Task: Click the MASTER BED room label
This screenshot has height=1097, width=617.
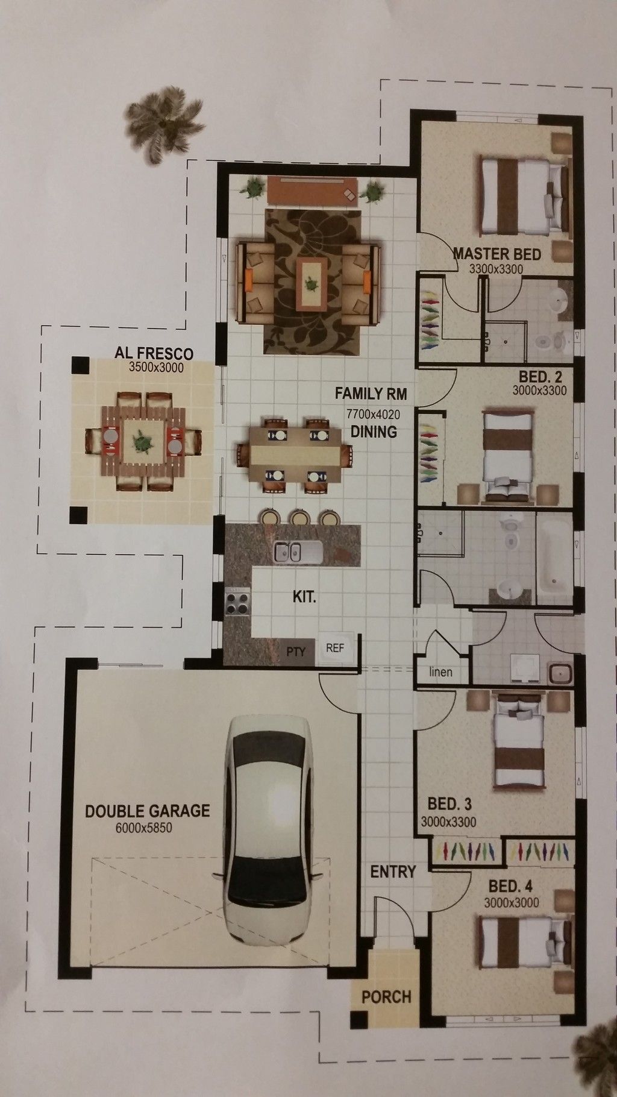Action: click(496, 254)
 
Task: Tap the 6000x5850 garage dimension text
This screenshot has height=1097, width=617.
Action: click(143, 828)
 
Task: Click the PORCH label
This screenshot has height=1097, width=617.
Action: click(386, 996)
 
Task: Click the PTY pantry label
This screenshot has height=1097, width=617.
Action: click(296, 651)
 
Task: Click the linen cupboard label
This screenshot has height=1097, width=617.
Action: click(440, 671)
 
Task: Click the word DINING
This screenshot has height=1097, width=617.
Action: click(374, 432)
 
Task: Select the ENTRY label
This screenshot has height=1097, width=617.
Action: click(393, 871)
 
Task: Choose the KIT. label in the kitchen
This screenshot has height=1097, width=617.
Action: click(304, 599)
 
